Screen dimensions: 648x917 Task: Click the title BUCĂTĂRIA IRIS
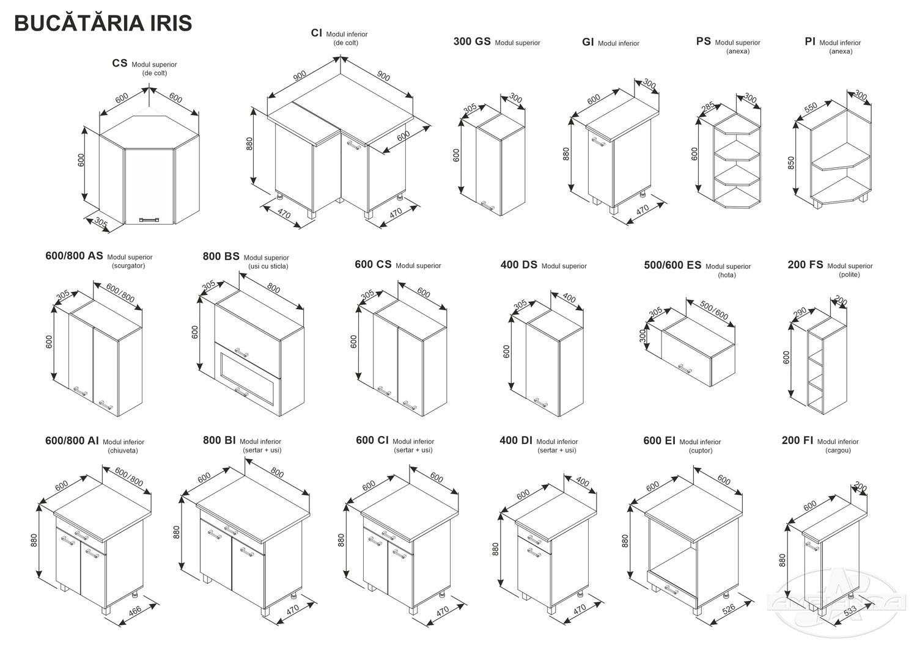click(103, 23)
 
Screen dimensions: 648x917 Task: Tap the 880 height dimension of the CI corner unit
click(249, 144)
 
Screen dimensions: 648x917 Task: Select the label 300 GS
click(472, 42)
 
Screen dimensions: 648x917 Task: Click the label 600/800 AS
click(74, 257)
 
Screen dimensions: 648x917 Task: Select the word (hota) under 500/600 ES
click(727, 275)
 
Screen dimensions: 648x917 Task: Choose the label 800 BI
click(219, 440)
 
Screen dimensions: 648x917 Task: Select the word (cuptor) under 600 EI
click(700, 451)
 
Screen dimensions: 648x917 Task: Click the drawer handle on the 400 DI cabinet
click(533, 540)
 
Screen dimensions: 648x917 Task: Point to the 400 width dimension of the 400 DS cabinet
click(569, 299)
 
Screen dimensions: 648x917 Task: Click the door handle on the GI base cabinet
click(597, 142)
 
